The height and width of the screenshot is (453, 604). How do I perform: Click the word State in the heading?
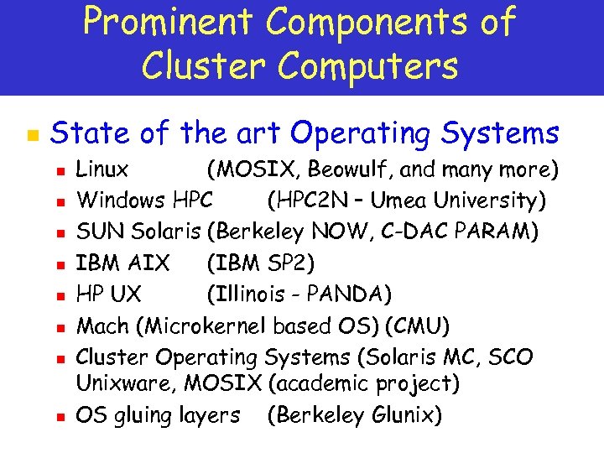click(x=91, y=133)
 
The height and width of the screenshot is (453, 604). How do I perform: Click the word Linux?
click(x=102, y=170)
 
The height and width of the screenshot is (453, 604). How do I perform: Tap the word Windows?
click(x=121, y=201)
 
